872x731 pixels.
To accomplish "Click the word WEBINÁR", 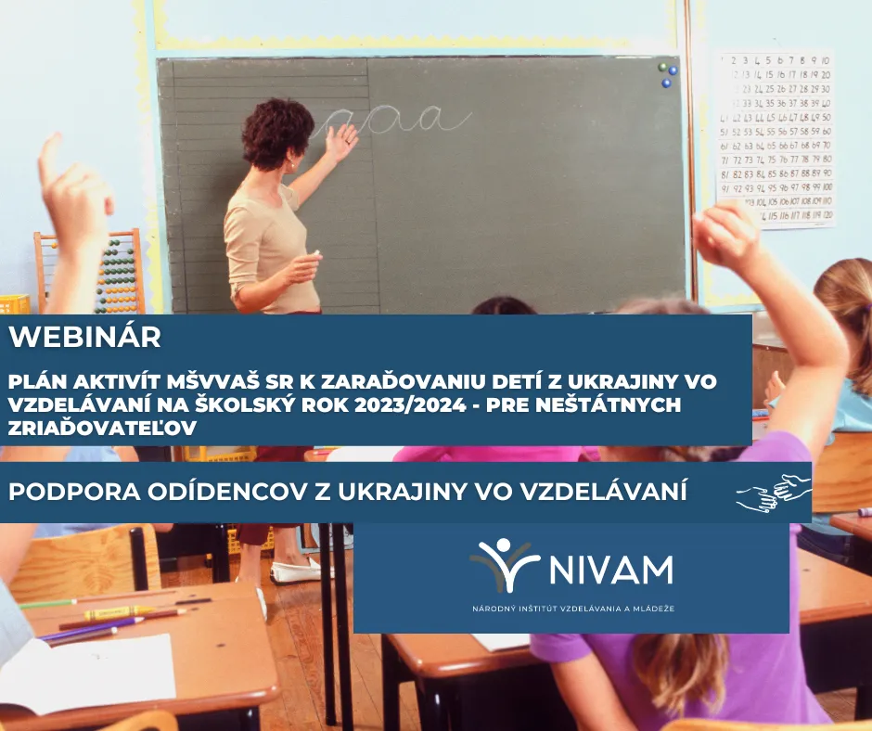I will [85, 336].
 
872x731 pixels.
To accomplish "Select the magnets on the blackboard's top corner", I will [667, 74].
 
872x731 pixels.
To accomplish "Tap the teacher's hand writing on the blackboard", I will [340, 141].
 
